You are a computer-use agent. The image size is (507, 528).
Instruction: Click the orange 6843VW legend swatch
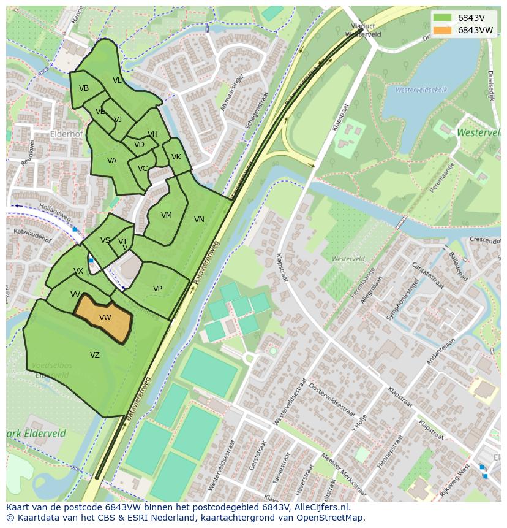pos(441,30)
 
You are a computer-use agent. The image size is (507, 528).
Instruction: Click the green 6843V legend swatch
pos(441,18)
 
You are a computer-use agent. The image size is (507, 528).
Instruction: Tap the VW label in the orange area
pos(105,318)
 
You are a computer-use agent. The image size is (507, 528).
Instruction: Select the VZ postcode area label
pos(95,355)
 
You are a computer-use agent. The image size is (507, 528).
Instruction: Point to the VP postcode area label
pos(157,289)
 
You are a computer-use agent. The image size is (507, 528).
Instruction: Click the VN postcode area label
pos(199,220)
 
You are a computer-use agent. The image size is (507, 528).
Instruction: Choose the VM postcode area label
pos(167,215)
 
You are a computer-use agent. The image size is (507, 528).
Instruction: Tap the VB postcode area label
pos(84,88)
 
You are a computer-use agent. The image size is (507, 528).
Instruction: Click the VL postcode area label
pos(117,80)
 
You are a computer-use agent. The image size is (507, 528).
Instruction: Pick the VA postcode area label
pos(112,161)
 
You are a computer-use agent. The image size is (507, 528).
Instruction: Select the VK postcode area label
pos(176,157)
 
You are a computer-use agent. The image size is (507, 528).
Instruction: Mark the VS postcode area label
pos(105,240)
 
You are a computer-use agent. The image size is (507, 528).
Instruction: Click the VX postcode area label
pos(78,271)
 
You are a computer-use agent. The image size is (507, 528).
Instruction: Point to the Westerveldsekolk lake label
pos(421,90)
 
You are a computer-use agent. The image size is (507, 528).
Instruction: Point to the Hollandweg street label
pos(55,213)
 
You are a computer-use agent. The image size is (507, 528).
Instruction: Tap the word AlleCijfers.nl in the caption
pos(321,507)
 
